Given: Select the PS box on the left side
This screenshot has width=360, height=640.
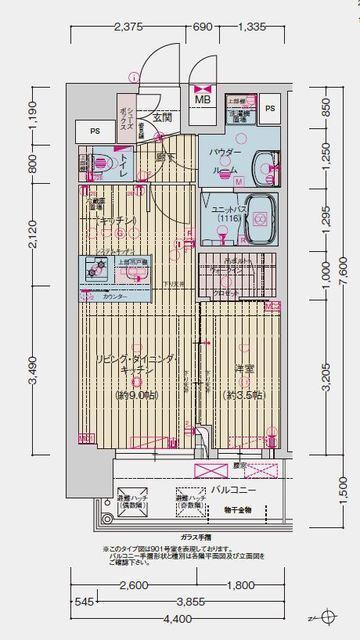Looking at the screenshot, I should point(95,131).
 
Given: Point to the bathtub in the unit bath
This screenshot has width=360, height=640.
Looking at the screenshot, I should point(260,217).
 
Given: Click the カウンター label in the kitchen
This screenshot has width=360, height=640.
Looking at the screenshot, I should point(113,298).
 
